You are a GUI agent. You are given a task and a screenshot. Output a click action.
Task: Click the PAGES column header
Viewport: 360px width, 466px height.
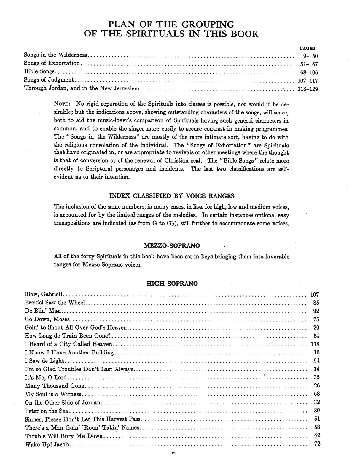tap(307, 48)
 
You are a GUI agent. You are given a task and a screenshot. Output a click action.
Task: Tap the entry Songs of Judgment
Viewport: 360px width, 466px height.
tap(49, 80)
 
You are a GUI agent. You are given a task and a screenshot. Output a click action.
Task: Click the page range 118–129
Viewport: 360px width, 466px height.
tap(308, 89)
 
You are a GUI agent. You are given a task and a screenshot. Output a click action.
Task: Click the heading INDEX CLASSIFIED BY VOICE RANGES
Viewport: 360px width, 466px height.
tap(172, 196)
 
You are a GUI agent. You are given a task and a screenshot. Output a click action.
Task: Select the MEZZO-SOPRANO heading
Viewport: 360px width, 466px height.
tap(172, 246)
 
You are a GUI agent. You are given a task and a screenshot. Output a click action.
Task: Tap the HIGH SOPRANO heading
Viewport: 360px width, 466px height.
tap(172, 284)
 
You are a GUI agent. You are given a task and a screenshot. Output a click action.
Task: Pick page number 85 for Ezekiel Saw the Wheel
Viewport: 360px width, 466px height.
tap(316, 303)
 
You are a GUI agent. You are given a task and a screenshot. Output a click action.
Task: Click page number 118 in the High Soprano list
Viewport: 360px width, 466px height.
tap(315, 344)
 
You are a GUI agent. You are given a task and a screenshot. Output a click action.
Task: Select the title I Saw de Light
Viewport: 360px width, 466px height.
tap(44, 361)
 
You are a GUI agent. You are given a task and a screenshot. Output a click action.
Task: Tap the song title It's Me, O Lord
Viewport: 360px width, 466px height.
tap(46, 378)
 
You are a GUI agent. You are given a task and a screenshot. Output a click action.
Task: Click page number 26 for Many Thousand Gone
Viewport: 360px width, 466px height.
tap(316, 386)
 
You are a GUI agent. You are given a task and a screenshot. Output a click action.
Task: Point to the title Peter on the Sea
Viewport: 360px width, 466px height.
tap(47, 411)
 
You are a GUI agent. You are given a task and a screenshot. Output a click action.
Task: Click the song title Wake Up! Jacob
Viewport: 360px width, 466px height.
tap(47, 445)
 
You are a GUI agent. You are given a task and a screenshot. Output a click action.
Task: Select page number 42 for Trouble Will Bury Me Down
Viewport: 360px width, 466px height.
tap(316, 436)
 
